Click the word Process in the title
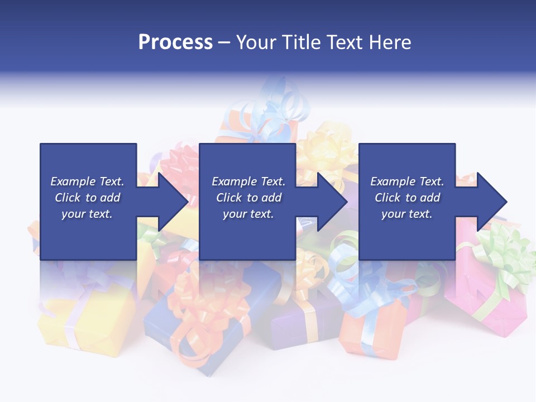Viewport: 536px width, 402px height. pos(175,42)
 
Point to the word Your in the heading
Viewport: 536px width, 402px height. pos(257,42)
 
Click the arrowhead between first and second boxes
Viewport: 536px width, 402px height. pos(170,202)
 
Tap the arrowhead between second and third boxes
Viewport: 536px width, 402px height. pos(330,202)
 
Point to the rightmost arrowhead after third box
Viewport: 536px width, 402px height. pos(490,202)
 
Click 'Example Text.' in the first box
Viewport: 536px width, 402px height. pos(87,181)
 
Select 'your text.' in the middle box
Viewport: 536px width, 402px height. pos(248,214)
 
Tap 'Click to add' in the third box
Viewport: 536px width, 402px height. pos(407,198)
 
